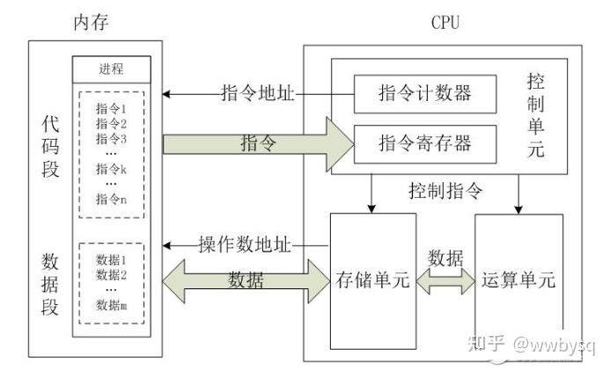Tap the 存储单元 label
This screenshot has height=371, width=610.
tap(373, 281)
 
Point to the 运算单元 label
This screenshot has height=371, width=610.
tap(518, 281)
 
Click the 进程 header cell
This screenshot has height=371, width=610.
tap(112, 69)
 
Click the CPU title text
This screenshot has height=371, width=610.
tap(447, 21)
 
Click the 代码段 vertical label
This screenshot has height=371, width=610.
tap(50, 144)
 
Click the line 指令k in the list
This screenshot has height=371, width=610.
tap(112, 169)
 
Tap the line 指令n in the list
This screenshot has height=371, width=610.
tap(112, 200)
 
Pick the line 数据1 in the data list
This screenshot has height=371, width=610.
tap(112, 260)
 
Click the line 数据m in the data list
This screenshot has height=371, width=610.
tap(112, 304)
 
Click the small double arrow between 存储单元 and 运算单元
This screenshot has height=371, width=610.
tap(445, 281)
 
